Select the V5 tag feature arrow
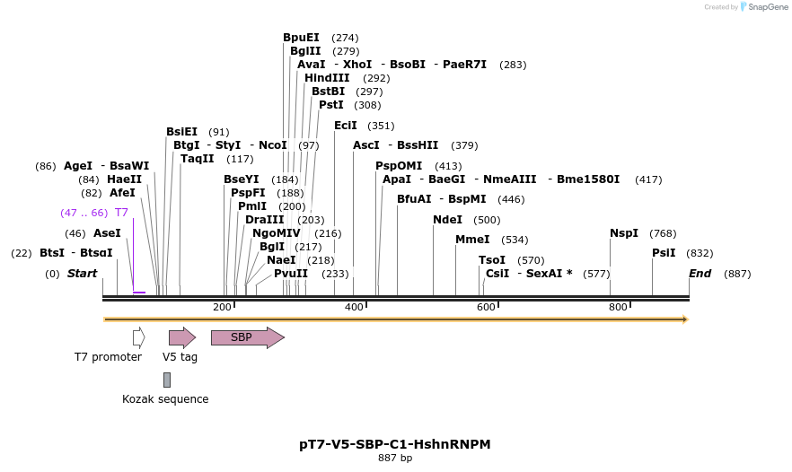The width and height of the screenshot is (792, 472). (x=181, y=337)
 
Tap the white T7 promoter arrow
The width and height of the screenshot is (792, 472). (x=138, y=337)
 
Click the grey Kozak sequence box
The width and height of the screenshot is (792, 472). (x=167, y=380)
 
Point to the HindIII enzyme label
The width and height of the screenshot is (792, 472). (x=327, y=78)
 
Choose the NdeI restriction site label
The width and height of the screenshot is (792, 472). (x=447, y=220)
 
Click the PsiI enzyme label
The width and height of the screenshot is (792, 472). (x=664, y=253)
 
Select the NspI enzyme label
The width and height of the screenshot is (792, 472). (x=624, y=233)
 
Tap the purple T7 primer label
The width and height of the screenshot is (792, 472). (x=121, y=213)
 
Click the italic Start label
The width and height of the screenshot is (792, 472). (x=82, y=274)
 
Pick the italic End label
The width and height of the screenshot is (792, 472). (x=700, y=274)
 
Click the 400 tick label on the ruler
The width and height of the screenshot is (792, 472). (x=355, y=308)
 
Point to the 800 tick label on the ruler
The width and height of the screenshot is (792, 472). (x=618, y=308)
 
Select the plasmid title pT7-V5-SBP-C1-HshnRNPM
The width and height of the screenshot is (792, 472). (x=395, y=444)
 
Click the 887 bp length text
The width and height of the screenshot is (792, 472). (x=395, y=459)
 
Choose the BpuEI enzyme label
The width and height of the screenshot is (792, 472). (x=301, y=38)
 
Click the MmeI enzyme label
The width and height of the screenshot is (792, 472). (x=472, y=240)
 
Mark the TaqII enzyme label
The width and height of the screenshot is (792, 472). (x=198, y=159)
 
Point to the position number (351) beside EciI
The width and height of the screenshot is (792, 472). (x=381, y=126)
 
